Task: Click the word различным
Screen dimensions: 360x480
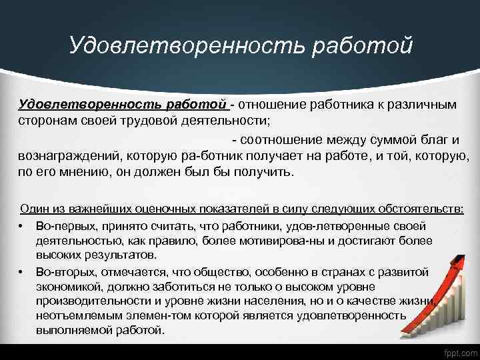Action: click(419, 105)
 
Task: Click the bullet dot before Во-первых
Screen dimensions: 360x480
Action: click(22, 227)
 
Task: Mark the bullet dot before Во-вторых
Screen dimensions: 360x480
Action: click(22, 272)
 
